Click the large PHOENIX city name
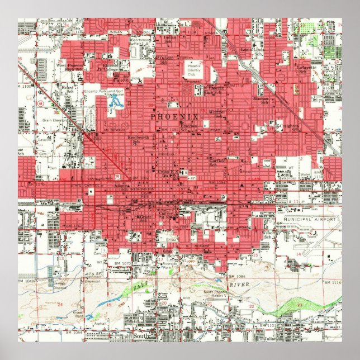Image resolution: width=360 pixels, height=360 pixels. [175, 116]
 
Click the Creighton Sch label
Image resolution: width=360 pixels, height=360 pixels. [291, 127]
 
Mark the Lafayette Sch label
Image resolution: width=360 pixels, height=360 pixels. [306, 70]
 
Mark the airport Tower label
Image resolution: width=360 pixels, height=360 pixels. [312, 244]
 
